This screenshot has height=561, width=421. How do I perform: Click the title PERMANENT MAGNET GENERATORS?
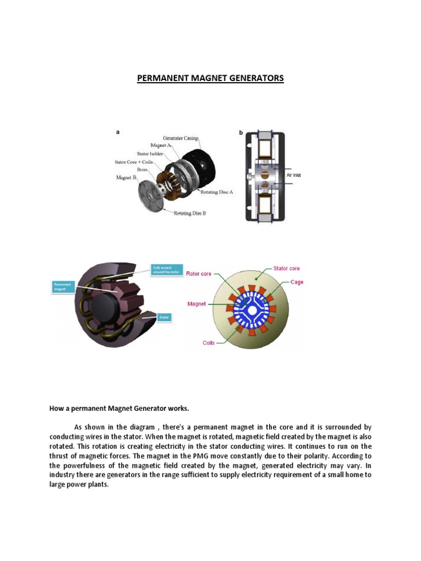click(x=210, y=78)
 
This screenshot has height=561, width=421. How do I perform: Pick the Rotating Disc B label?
click(x=190, y=213)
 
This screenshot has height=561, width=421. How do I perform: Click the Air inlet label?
click(x=294, y=175)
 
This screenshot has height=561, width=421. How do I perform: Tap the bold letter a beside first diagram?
click(x=117, y=132)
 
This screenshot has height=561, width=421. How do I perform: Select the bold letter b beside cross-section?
click(x=240, y=132)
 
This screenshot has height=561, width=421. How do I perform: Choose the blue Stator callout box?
click(x=164, y=317)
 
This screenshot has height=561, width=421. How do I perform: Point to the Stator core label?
click(x=286, y=268)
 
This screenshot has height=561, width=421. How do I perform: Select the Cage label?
click(x=297, y=282)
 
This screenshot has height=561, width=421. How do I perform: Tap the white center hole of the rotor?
click(x=252, y=310)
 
